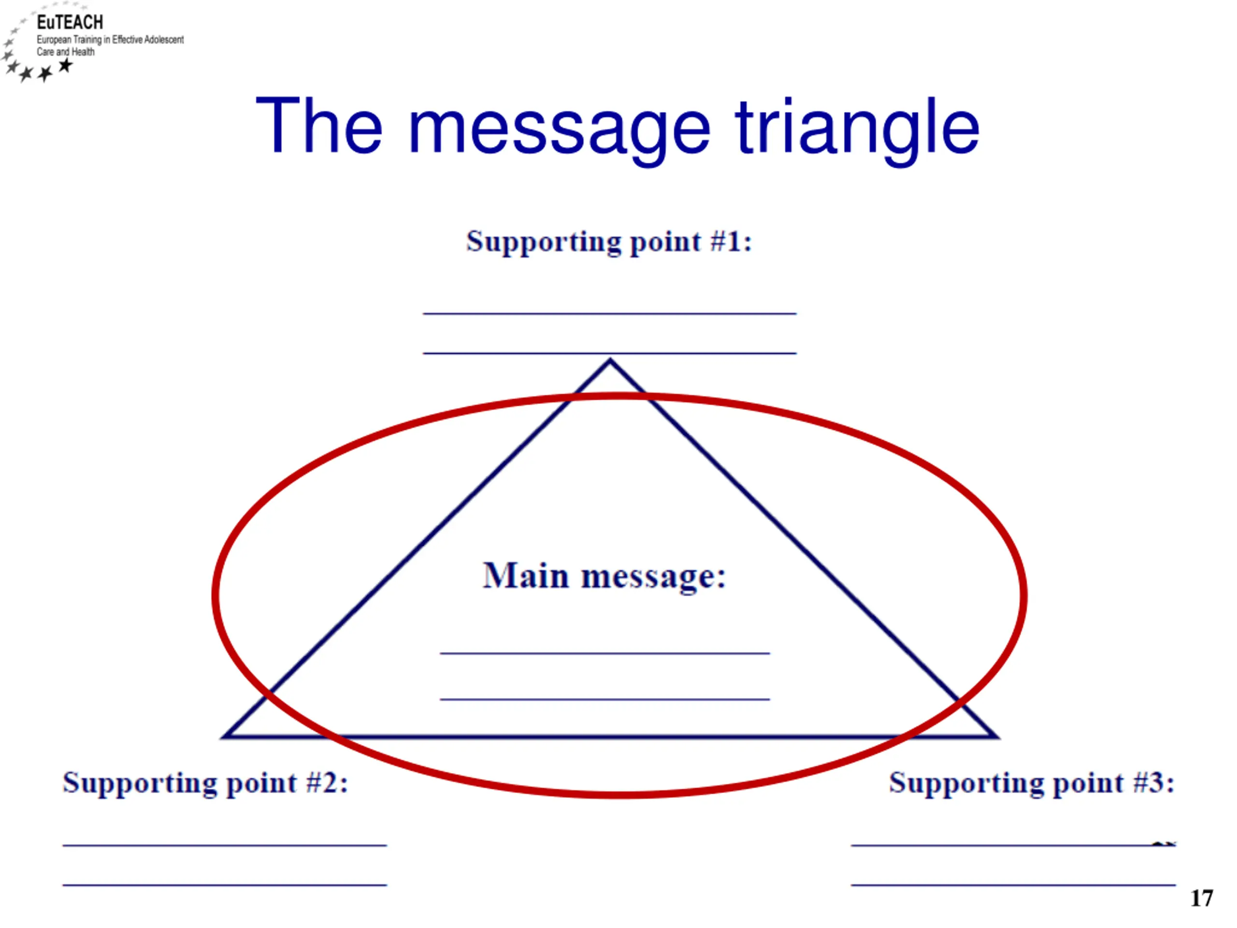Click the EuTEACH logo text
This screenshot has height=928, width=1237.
pos(70,22)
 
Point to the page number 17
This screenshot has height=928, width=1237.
pos(1202,899)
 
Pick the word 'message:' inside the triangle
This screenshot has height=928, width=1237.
pos(654,577)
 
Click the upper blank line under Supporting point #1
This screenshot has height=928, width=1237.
pos(609,313)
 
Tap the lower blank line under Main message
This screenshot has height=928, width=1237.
pos(605,699)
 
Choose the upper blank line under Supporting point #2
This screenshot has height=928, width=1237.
pos(225,845)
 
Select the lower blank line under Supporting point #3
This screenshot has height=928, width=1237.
pos(1013,885)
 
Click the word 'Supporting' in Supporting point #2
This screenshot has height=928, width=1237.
pos(140,783)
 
